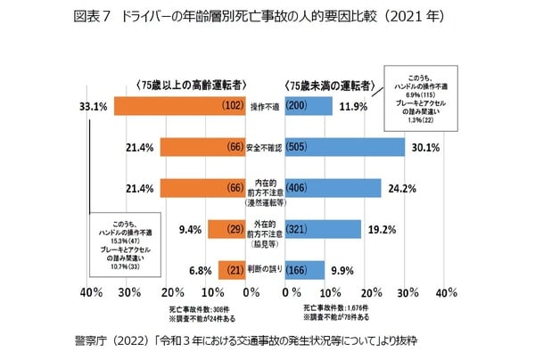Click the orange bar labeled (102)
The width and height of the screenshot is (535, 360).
click(x=169, y=105)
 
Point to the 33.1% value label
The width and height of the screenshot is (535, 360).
click(x=93, y=106)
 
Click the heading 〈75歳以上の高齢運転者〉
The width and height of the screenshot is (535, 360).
click(x=185, y=85)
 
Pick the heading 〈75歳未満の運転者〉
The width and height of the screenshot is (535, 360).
click(x=331, y=85)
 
